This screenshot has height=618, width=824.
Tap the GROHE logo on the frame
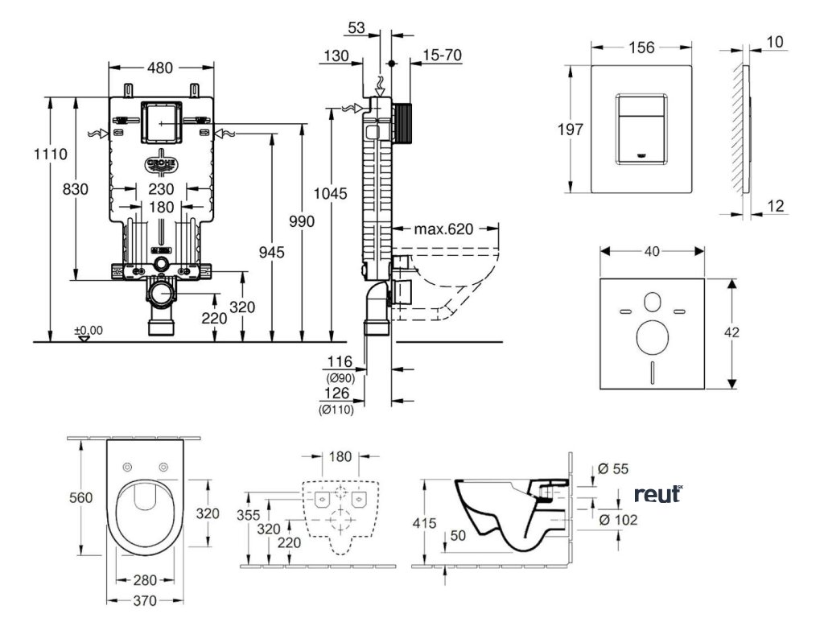[x=162, y=164]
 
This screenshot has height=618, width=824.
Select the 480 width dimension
[x=161, y=68]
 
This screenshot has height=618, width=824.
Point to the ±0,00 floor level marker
[x=89, y=330]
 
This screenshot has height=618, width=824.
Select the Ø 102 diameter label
[x=619, y=521]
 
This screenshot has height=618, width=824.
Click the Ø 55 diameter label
[x=615, y=469]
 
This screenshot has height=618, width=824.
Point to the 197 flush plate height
[x=570, y=130]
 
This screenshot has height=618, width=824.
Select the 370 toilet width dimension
[x=145, y=600]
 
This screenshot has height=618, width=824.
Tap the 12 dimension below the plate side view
[x=776, y=207]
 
